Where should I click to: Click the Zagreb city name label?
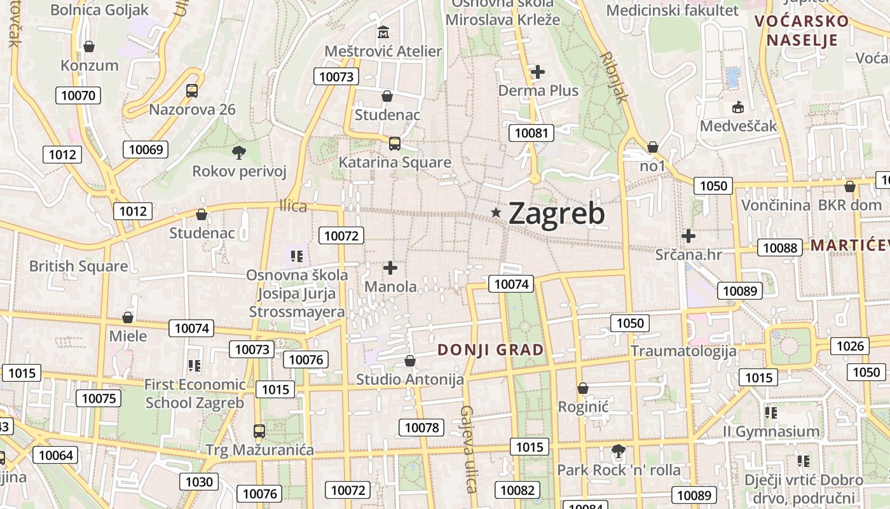557,214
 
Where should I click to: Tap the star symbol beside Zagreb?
496,213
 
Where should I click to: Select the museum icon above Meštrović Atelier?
383,32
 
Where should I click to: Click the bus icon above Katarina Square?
395,143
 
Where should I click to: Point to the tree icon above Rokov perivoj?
239,152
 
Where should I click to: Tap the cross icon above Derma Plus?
538,71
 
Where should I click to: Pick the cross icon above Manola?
390,268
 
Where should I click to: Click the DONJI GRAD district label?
491,350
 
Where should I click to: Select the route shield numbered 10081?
531,132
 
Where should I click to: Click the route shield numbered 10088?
780,248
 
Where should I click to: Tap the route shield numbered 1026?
850,345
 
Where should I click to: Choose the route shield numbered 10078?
422,427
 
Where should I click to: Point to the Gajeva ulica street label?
469,449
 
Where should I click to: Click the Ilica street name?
293,206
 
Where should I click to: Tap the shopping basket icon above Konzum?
89,46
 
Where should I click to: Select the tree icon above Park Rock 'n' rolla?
617,452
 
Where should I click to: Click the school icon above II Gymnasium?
771,412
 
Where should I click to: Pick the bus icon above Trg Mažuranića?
259,431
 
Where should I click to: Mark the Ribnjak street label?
614,77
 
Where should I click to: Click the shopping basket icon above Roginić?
583,388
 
